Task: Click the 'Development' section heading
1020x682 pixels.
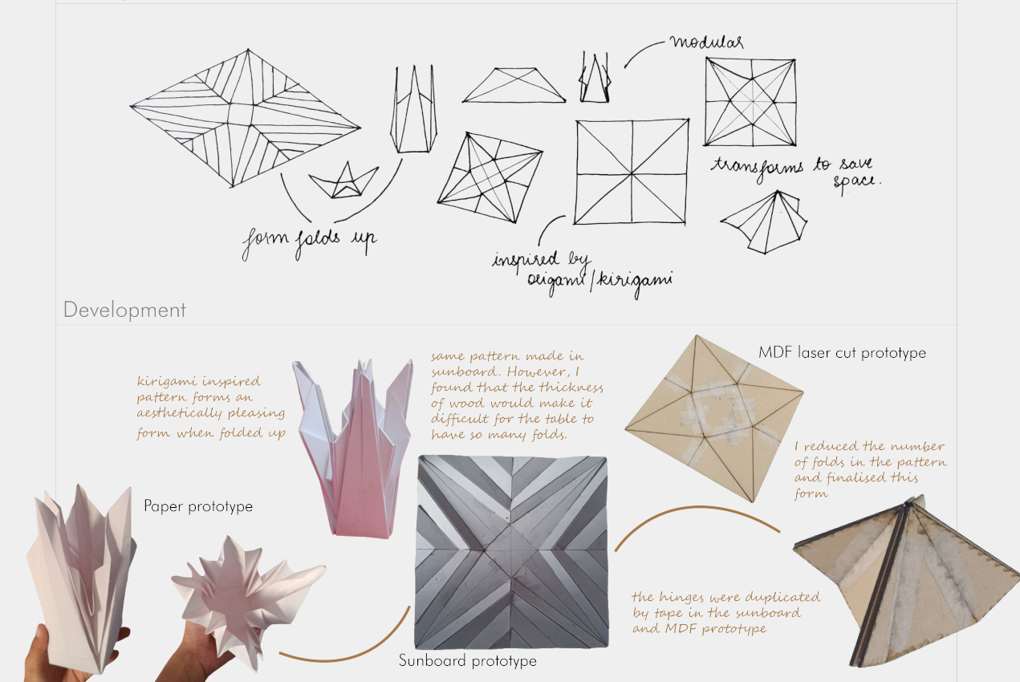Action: click(x=124, y=310)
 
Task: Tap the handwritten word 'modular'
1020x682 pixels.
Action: click(x=707, y=43)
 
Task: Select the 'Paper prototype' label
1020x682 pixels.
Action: click(x=198, y=506)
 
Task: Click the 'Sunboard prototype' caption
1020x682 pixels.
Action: click(x=468, y=660)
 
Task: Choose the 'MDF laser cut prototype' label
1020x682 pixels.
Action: click(x=842, y=353)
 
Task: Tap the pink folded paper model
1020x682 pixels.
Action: click(x=354, y=449)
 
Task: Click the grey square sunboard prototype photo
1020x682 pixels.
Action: click(x=512, y=552)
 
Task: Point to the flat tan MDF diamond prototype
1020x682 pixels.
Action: click(x=713, y=419)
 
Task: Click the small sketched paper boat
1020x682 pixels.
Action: click(x=343, y=181)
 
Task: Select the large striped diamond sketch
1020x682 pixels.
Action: click(x=246, y=117)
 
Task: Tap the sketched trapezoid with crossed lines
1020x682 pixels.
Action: click(x=514, y=85)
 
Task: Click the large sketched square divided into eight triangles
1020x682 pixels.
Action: click(x=632, y=172)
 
